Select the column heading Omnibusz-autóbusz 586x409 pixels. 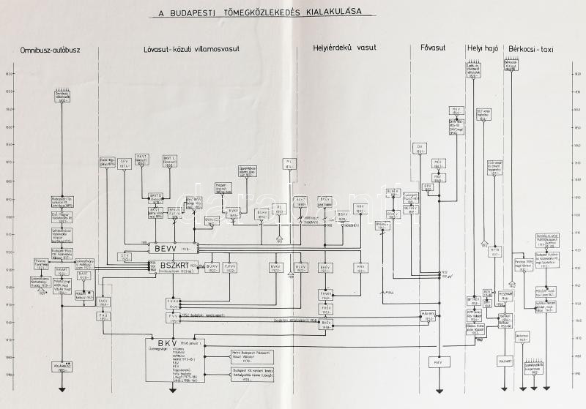[x=50, y=48]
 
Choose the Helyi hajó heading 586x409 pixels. [x=482, y=48]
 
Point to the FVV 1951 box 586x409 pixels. [x=174, y=318]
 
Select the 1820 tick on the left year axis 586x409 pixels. [x=10, y=74]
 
